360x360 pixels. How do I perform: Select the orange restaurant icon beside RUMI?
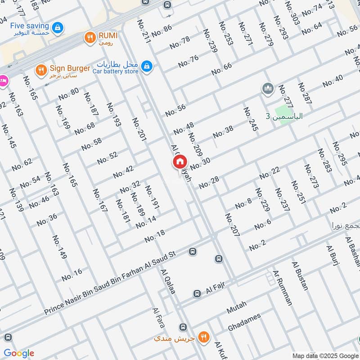(90, 38)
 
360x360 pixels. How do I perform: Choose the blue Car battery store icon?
(146, 67)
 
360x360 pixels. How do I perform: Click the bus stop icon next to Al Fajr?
(197, 294)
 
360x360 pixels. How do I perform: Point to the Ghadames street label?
(244, 322)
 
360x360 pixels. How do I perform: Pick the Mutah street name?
(237, 308)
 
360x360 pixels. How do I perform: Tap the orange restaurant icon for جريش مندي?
(204, 336)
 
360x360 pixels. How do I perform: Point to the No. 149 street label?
(59, 247)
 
